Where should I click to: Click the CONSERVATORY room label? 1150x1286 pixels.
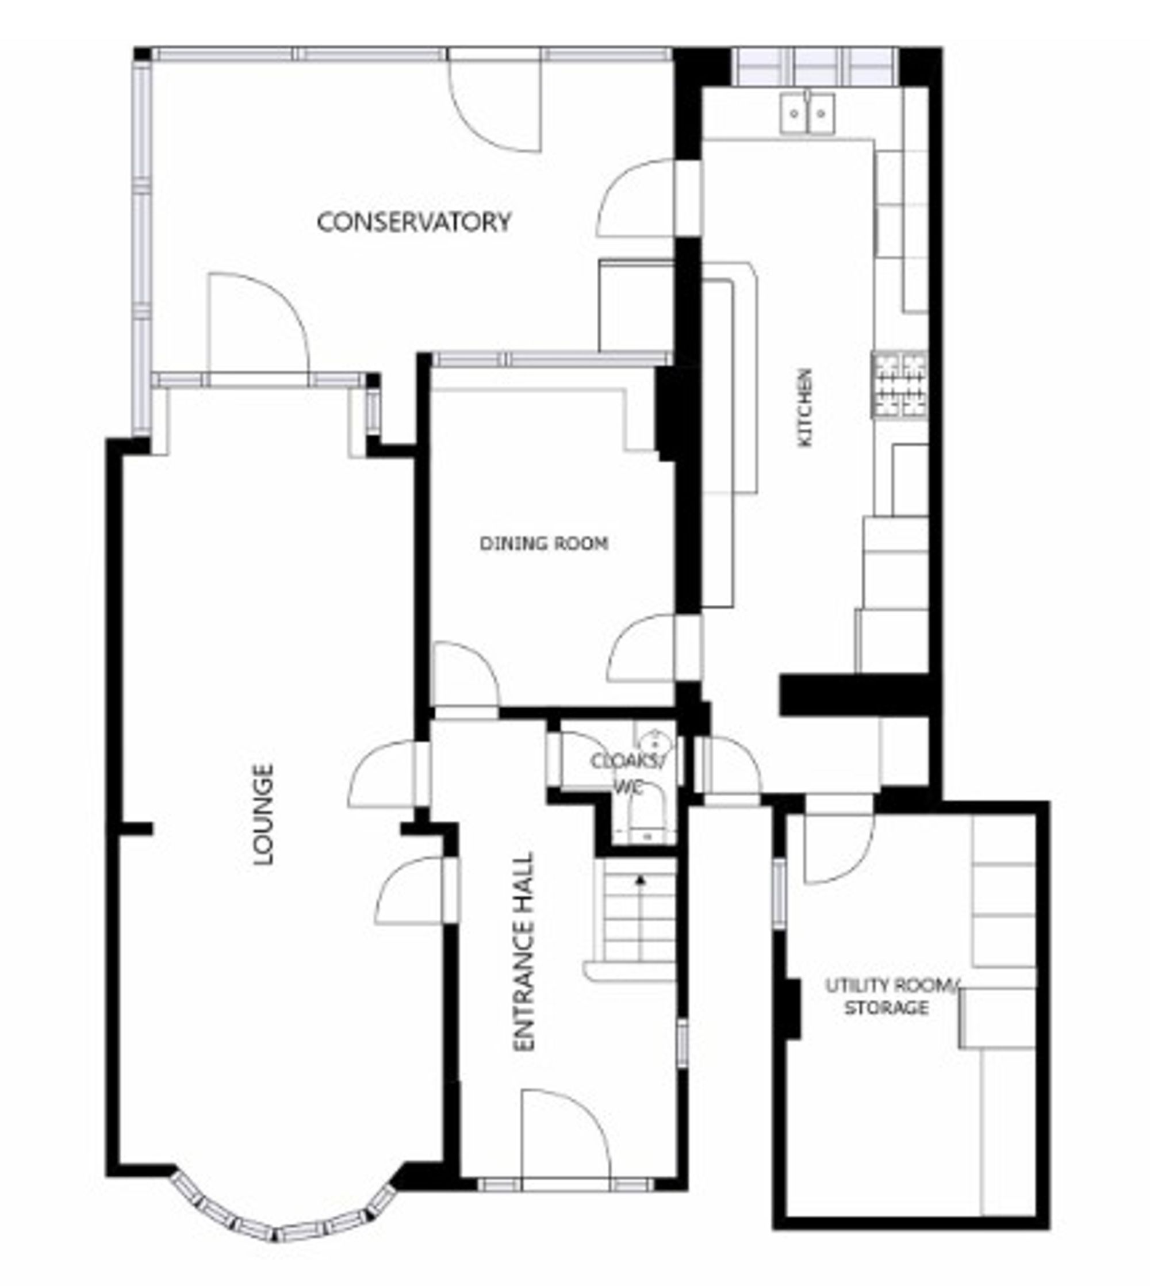414,222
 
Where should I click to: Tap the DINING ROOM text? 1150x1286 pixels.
544,544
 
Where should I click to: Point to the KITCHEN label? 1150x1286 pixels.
805,408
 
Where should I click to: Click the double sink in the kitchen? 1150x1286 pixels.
807,113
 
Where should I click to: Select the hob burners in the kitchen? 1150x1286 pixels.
900,384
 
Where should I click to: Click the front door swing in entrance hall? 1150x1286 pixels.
564,1137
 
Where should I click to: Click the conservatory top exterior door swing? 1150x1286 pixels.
496,104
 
